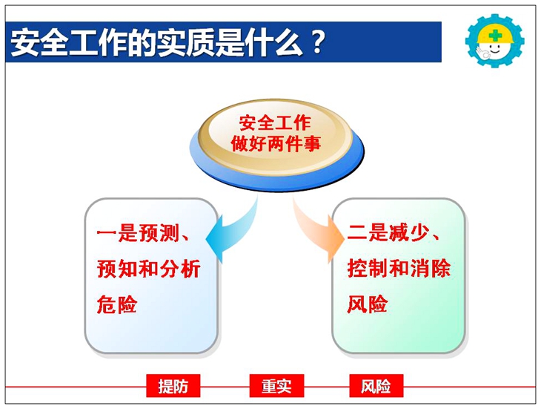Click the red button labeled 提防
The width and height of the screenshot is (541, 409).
(x=173, y=385)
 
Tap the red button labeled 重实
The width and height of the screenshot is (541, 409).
(x=276, y=385)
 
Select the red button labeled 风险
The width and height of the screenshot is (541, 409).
(x=376, y=385)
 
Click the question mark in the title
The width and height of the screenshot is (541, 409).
(x=318, y=42)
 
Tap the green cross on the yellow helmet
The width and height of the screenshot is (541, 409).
(x=496, y=35)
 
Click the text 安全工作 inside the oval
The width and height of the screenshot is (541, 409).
(x=275, y=123)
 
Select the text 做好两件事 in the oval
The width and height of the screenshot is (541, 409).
(x=276, y=144)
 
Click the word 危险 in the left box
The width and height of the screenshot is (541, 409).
(x=117, y=304)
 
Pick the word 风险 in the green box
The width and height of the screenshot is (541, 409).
(x=367, y=304)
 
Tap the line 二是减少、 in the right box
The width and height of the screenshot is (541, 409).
(x=394, y=232)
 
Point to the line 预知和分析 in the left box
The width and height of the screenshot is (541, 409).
(x=149, y=269)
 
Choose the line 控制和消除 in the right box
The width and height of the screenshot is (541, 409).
(x=399, y=268)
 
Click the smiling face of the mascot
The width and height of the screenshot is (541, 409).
(x=494, y=48)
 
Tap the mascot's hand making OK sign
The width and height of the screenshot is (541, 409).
(x=482, y=53)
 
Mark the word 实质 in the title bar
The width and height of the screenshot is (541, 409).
(x=185, y=42)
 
